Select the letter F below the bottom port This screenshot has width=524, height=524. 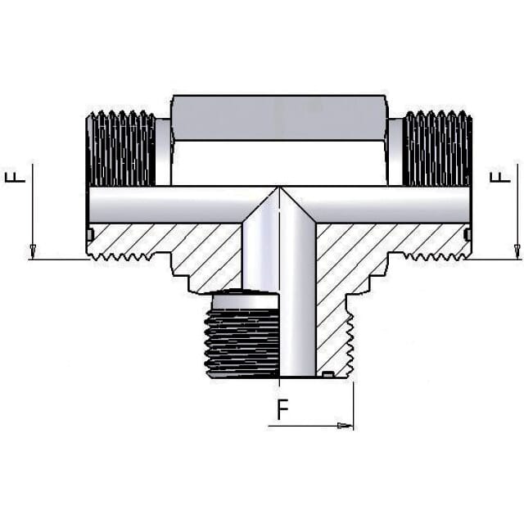(282, 409)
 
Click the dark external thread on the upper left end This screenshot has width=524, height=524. (121, 148)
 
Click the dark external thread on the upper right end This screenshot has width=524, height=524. (438, 148)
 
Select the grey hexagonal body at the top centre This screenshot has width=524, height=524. (278, 119)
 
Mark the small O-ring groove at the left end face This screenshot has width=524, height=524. (90, 235)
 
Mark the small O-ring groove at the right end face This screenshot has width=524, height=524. (468, 235)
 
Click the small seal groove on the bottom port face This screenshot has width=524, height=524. (327, 375)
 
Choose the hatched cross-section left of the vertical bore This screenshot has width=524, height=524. (188, 250)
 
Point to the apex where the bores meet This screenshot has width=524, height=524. (278, 189)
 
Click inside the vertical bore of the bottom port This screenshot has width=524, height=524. (296, 327)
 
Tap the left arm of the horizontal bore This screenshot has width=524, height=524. (164, 205)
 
